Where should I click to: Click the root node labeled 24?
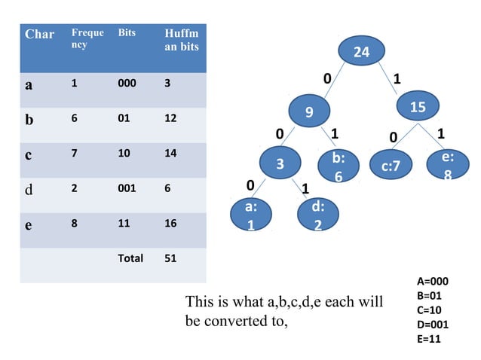[362, 52]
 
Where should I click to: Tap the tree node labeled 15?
[418, 108]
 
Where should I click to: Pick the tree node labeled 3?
[279, 163]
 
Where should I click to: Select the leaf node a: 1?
[250, 215]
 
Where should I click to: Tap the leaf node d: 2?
[318, 215]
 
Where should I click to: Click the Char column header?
[39, 35]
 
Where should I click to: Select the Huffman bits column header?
[182, 41]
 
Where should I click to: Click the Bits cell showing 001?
[127, 188]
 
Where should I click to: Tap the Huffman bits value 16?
[172, 224]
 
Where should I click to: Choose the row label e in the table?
[29, 224]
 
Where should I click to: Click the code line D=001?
[433, 325]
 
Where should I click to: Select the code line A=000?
[432, 282]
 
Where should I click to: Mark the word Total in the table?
[130, 258]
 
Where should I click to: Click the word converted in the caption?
[238, 321]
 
